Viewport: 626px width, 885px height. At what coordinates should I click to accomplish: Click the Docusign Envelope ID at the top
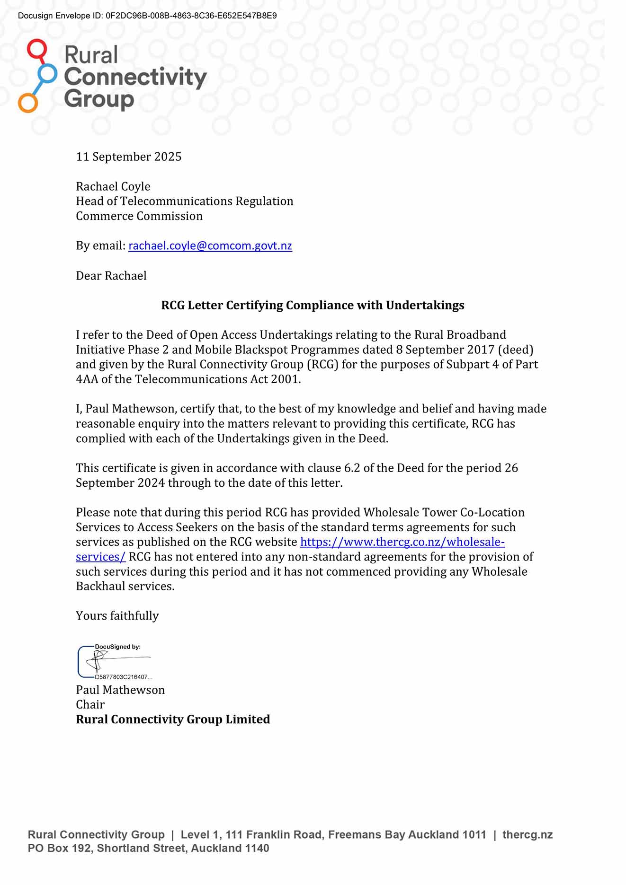point(147,16)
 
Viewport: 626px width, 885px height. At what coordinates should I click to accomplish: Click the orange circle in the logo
point(28,103)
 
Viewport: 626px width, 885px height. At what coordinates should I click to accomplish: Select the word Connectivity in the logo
point(135,77)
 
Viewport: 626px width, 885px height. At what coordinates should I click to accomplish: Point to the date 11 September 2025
point(129,157)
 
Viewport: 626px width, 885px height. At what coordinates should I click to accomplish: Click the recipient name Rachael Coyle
point(113,186)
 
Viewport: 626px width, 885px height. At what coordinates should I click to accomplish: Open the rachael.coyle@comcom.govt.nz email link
point(210,246)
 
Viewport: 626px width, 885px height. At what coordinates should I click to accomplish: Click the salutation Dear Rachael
point(111,276)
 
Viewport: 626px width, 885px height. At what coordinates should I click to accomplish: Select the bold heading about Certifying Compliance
point(313,305)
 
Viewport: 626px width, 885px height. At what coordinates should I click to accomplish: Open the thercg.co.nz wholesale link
point(402,542)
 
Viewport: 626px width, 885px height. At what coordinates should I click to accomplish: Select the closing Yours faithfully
point(117,616)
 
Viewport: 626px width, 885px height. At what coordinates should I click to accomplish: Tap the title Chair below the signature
point(90,705)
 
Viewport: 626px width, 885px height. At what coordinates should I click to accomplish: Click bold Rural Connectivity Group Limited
point(173,719)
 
